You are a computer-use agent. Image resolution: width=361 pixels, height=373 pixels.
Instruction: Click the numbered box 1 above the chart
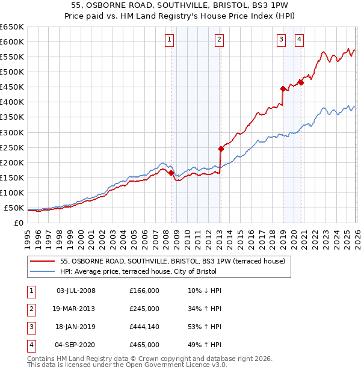click(x=170, y=40)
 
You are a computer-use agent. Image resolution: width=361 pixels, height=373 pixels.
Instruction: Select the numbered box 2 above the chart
click(x=219, y=40)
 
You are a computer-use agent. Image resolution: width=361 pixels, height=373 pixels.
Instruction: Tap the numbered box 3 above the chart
click(x=282, y=40)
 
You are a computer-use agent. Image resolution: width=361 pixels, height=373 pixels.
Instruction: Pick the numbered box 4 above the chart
click(x=299, y=40)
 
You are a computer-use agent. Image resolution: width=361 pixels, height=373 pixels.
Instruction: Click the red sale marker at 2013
click(x=221, y=149)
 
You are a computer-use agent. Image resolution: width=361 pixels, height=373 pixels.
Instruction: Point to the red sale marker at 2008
click(x=171, y=173)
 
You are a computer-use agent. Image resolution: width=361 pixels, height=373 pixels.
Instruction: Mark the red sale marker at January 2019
click(x=283, y=88)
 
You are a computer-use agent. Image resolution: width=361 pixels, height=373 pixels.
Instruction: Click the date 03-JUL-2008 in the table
click(x=76, y=291)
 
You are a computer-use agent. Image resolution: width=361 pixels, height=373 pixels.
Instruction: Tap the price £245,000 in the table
click(x=144, y=309)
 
